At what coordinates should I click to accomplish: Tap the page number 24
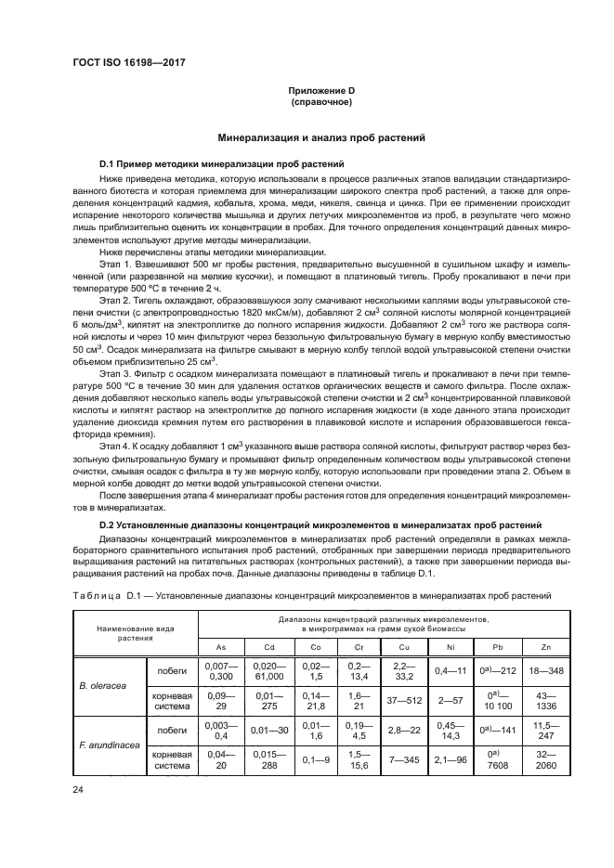77,790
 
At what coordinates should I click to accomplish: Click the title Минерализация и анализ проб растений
320,138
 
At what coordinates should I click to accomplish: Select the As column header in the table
220,646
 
